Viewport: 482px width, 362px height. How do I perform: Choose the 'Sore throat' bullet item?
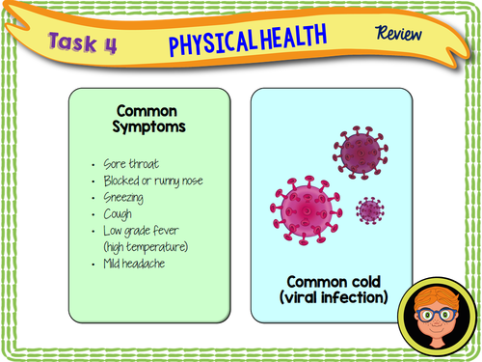tap(134, 164)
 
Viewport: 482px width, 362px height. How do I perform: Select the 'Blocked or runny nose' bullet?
tap(151, 181)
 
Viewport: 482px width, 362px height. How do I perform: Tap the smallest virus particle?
tap(369, 209)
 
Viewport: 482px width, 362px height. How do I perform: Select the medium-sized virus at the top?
tap(361, 151)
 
